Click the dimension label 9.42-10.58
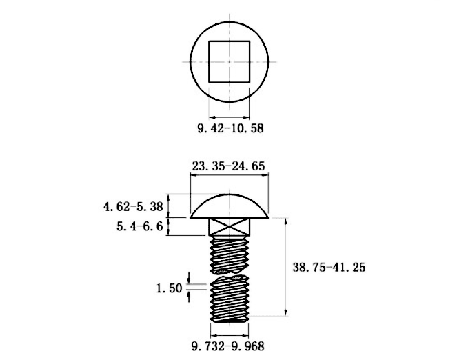coord(230,128)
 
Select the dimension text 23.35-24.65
coord(229,166)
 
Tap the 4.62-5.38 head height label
coord(133,207)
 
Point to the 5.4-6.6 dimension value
coord(140,226)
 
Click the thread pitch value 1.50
coord(170,288)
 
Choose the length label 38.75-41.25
coord(329,267)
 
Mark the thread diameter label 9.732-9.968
coord(228,346)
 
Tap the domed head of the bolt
coord(230,206)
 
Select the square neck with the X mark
coord(230,227)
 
